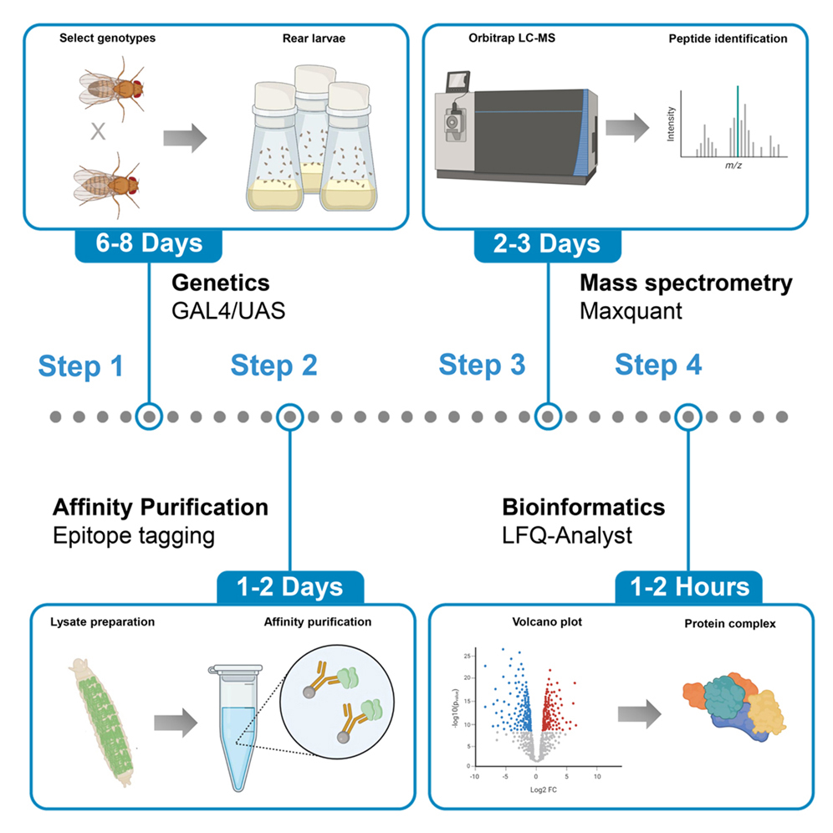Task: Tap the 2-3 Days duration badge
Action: point(548,243)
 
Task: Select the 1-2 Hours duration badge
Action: point(689,587)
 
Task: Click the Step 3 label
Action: point(482,365)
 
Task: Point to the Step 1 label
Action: point(81,365)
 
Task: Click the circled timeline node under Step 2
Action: point(289,416)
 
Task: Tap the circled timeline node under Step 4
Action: point(688,416)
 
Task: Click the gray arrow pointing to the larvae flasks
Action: point(182,139)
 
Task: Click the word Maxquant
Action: point(623,312)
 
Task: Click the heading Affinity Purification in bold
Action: point(161,507)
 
